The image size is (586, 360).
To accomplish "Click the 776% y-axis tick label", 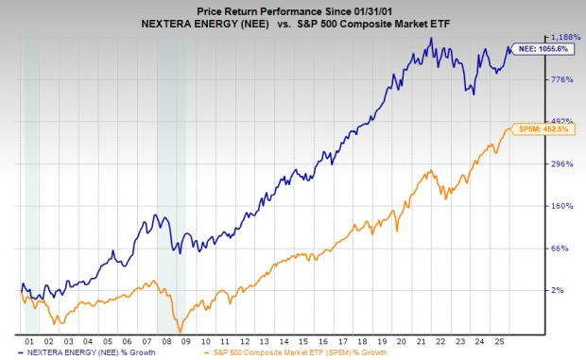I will click(562, 80).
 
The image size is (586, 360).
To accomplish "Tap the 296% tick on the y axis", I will click(562, 164).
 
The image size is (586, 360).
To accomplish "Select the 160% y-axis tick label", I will click(562, 206).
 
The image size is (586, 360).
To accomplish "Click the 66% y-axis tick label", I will click(562, 249).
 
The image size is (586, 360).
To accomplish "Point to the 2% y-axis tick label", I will click(562, 290).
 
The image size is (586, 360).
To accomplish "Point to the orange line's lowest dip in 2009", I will click(179, 330).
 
